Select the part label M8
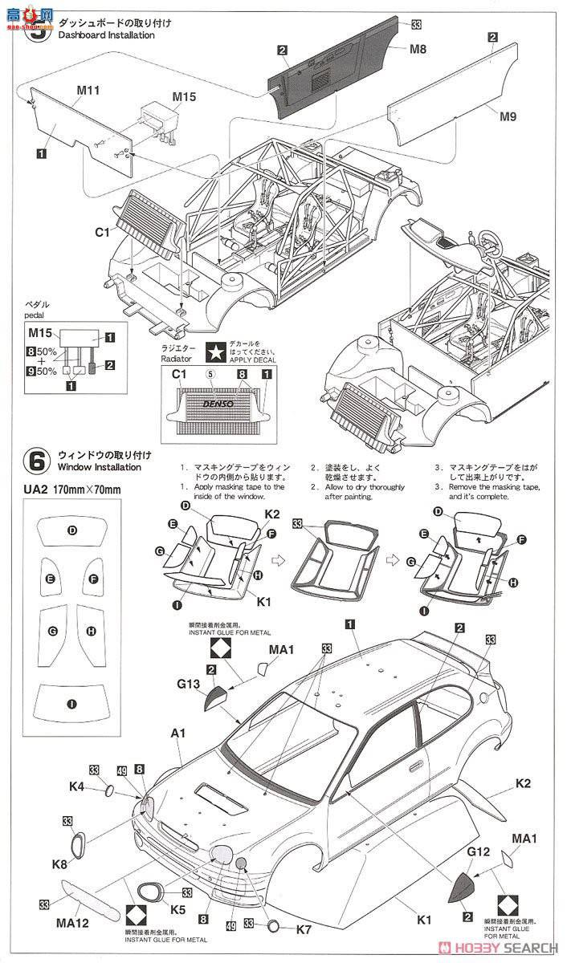[x=418, y=48]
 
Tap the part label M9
[x=507, y=116]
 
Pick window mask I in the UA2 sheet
[x=72, y=704]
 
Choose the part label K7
[x=304, y=928]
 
